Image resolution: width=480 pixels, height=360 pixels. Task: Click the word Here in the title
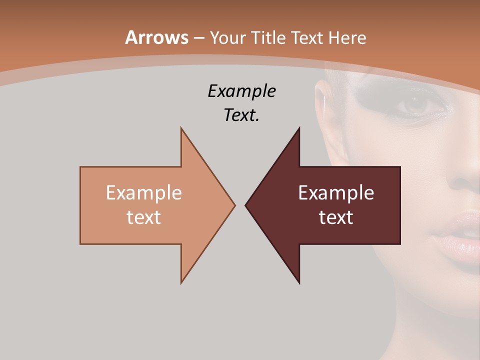(348, 37)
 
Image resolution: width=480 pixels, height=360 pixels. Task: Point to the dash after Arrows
(198, 38)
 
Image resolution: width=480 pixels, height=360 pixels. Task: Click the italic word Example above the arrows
(241, 91)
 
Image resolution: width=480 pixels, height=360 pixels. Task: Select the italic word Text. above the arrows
(241, 115)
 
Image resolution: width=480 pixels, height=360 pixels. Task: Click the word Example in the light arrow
(143, 192)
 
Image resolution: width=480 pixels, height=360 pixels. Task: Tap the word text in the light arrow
(143, 217)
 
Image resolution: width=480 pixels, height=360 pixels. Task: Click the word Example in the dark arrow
(336, 192)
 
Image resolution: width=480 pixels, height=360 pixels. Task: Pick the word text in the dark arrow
(336, 217)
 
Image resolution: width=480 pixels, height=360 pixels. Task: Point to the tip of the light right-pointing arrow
(234, 205)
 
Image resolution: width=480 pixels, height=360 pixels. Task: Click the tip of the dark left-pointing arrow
(245, 205)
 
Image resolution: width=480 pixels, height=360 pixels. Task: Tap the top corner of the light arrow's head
(181, 128)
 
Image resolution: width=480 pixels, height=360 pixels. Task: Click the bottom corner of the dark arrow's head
(299, 283)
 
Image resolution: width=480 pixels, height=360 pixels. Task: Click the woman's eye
(414, 104)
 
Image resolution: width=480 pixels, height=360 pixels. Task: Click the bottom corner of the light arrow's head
(181, 283)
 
